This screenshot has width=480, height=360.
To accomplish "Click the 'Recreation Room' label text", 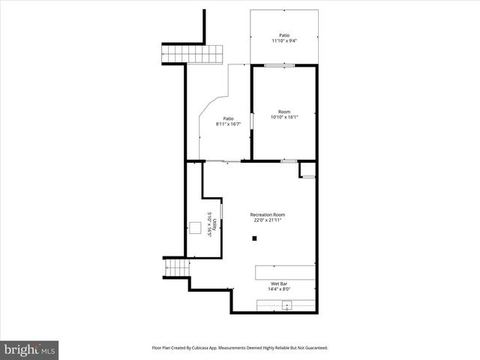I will pos(268,214).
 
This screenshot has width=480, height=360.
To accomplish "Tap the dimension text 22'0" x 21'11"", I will pos(268,220).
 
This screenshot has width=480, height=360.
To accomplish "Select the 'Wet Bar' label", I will pos(278,283).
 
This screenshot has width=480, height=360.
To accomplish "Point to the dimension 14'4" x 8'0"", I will pos(278,289).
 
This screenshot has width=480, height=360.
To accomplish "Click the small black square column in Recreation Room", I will pos(255,238).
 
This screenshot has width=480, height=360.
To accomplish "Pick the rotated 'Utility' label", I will pos(214,223).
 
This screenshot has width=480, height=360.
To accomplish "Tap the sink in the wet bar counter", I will pos(286,305).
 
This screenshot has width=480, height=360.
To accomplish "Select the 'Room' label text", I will pos(284,112).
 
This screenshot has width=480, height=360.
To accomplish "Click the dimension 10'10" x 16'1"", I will pos(284,118).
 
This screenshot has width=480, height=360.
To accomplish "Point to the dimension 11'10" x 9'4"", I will pos(284,40).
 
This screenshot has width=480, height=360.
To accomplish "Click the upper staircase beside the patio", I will pos(193,54).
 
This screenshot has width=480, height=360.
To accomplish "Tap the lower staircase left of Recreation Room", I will pos(175,268).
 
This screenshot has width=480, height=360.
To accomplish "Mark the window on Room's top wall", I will pos(279,66).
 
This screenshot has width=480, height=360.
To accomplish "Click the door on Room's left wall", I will pos(251,123).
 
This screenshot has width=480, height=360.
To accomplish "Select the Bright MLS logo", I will pos(30,349).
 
